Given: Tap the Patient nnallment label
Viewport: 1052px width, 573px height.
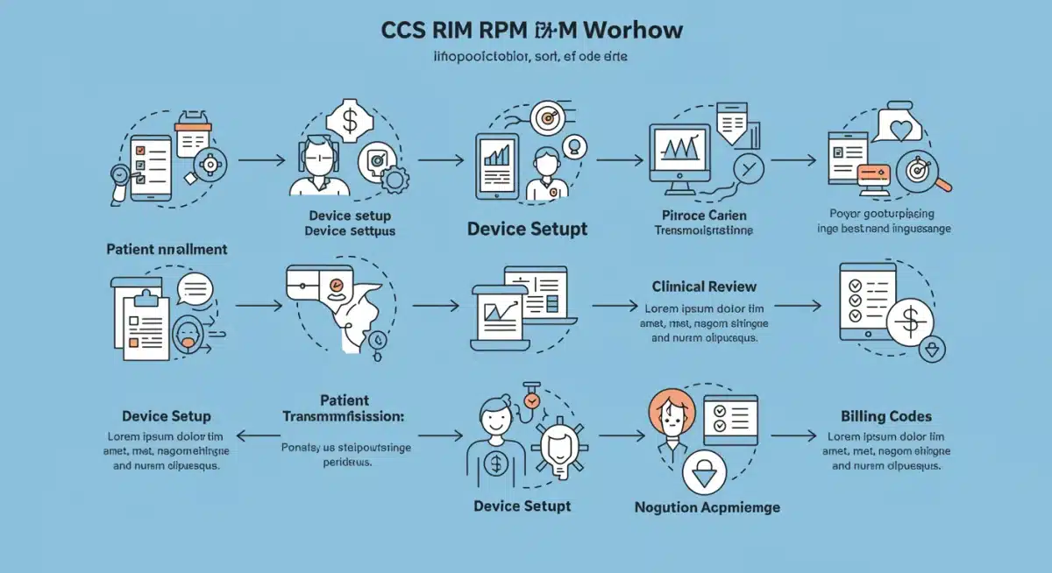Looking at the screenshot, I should [167, 250].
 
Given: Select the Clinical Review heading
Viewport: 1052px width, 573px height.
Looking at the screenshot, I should [704, 286].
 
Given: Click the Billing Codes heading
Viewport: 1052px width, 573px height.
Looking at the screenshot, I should [885, 416].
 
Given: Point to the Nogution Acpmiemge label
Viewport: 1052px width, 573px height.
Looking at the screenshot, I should [707, 507].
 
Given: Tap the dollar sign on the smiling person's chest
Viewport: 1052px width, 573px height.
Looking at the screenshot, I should [495, 464].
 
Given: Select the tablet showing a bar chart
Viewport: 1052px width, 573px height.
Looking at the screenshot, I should [497, 164].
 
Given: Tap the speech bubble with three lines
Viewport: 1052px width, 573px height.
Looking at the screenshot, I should [195, 289].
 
